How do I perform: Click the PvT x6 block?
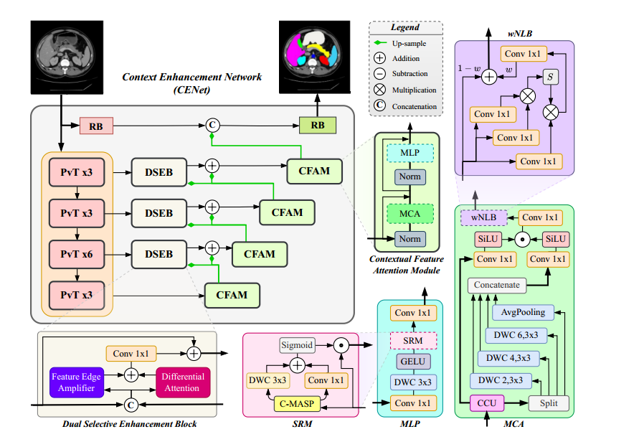(77, 254)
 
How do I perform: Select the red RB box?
(95, 126)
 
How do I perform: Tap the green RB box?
(317, 126)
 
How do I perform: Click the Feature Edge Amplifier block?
(77, 382)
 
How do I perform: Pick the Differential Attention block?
(183, 382)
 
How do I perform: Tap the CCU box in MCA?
(488, 403)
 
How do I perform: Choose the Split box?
(549, 403)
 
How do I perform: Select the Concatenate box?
(496, 285)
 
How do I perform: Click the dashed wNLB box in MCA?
(484, 217)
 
